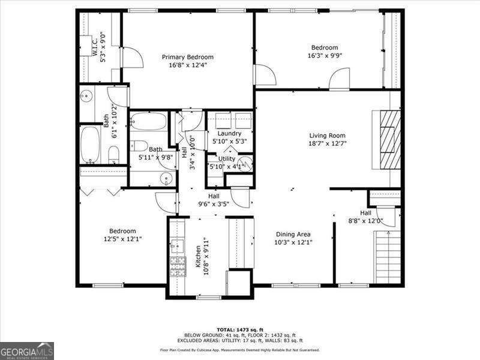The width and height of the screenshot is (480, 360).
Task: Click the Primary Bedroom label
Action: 187,58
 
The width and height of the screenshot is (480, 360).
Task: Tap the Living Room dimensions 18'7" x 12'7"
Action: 327,144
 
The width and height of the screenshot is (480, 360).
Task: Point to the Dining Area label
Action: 293,235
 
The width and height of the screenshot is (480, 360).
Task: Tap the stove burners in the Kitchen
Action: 178,266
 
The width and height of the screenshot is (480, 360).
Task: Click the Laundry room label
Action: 229,133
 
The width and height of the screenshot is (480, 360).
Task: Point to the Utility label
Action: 226,159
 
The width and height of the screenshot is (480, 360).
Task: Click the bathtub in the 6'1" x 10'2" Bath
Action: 91,144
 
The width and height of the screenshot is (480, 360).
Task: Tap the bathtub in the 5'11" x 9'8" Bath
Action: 148,122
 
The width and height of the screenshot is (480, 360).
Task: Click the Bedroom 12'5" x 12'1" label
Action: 122,231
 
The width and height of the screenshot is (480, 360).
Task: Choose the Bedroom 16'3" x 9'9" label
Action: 324,48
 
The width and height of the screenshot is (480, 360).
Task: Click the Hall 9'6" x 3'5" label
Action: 214,196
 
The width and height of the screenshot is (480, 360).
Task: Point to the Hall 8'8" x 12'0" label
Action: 365,213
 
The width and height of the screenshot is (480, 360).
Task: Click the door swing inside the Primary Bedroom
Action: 134,58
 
